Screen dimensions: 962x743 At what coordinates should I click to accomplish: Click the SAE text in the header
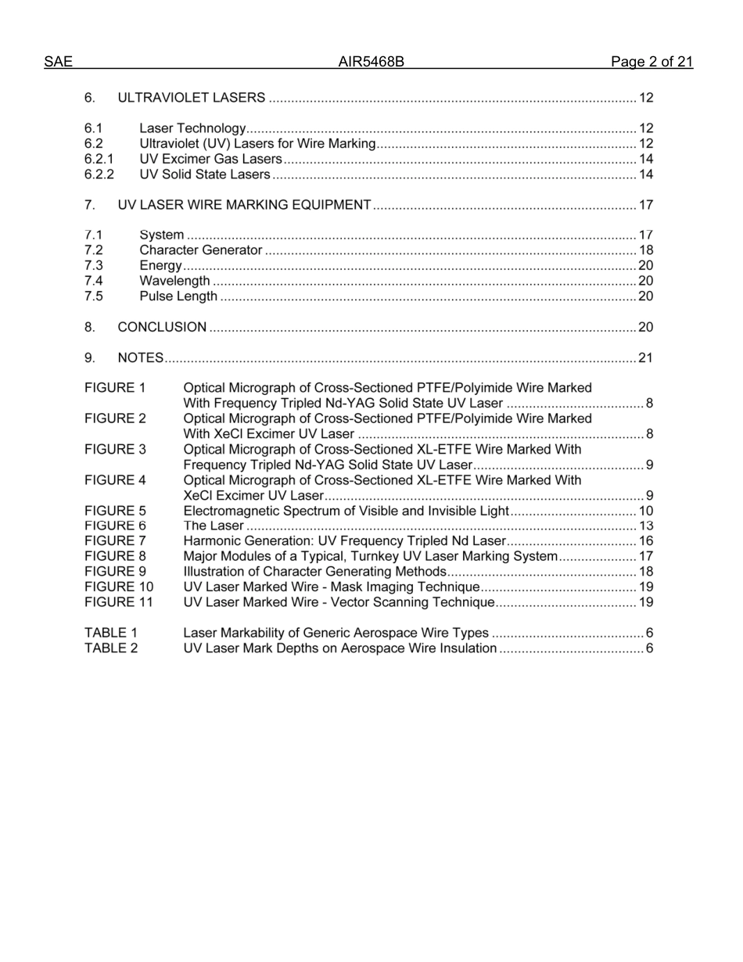[58, 63]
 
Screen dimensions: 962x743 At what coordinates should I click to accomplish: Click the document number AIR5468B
[371, 63]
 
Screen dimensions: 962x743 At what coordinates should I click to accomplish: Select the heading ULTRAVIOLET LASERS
[191, 98]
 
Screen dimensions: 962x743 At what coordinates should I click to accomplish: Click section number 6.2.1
[99, 159]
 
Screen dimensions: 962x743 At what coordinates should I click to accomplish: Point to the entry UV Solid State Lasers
[205, 174]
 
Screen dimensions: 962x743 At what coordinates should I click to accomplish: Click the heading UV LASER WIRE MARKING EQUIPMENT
[244, 205]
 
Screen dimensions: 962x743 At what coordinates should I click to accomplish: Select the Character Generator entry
[200, 250]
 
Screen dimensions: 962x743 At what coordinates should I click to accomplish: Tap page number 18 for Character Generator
[645, 250]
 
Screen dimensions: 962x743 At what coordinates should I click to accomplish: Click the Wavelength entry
[174, 281]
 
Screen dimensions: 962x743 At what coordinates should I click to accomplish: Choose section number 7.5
[94, 296]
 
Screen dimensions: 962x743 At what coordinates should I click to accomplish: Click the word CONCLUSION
[162, 327]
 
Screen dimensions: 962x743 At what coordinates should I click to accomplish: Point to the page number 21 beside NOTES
[645, 358]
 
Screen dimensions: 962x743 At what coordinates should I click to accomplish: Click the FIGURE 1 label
[115, 388]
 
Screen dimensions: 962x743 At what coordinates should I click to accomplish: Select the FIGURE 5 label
[115, 511]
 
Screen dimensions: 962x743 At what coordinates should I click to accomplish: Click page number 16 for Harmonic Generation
[645, 541]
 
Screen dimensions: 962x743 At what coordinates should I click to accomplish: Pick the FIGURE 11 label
[119, 602]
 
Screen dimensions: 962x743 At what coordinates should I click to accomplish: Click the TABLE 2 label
[111, 648]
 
